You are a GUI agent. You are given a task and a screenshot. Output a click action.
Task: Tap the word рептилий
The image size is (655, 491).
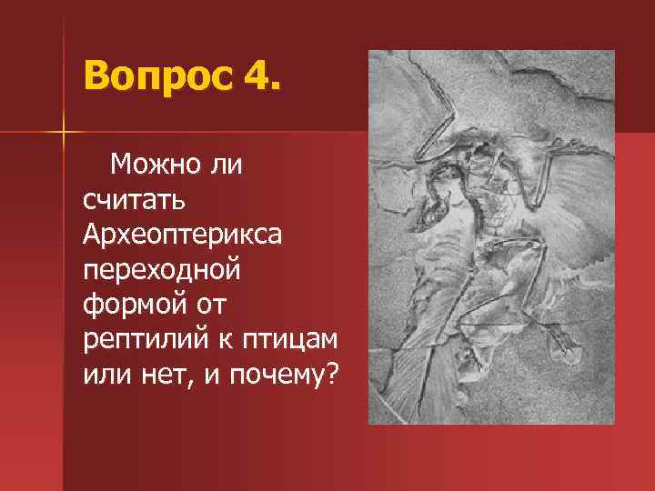(x=137, y=339)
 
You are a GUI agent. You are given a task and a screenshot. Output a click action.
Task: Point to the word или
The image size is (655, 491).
(x=107, y=374)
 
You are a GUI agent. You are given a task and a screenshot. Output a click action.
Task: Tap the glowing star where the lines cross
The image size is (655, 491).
(x=64, y=134)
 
